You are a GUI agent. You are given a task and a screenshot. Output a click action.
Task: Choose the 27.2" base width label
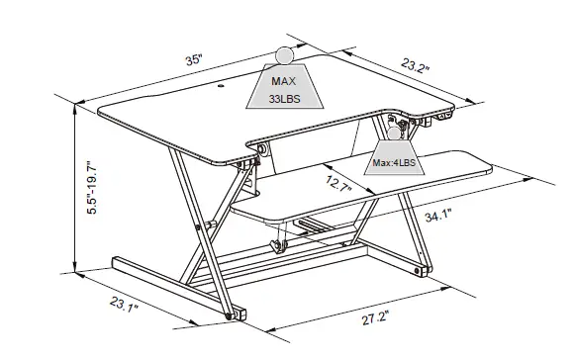point(374,318)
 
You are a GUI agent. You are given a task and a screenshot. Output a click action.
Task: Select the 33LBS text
point(285,98)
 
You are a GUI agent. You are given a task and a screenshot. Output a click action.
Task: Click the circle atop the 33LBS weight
point(285,55)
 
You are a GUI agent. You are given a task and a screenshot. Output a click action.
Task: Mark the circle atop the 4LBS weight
point(396,131)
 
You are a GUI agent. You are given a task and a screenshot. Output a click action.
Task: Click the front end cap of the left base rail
point(239,315)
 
